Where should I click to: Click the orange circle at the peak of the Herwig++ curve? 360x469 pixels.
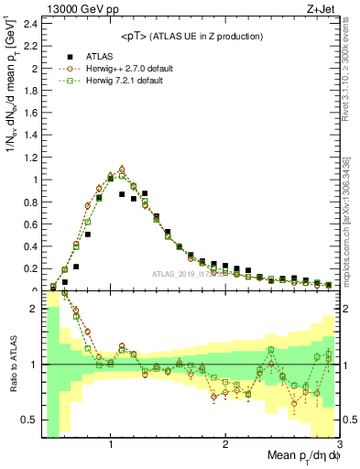pos(122,169)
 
